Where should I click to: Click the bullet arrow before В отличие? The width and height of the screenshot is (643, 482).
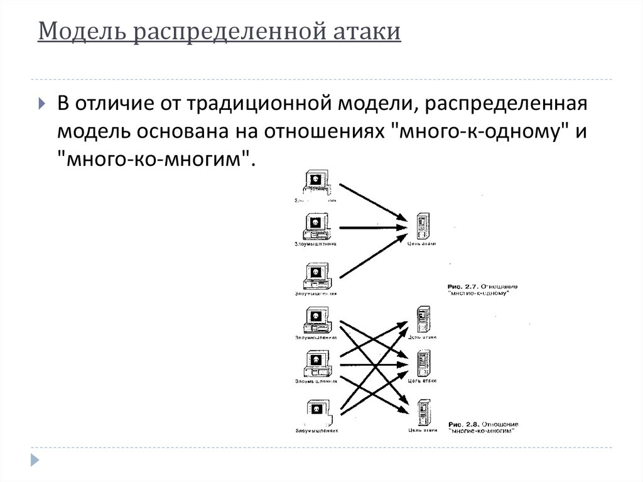coord(41,104)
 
